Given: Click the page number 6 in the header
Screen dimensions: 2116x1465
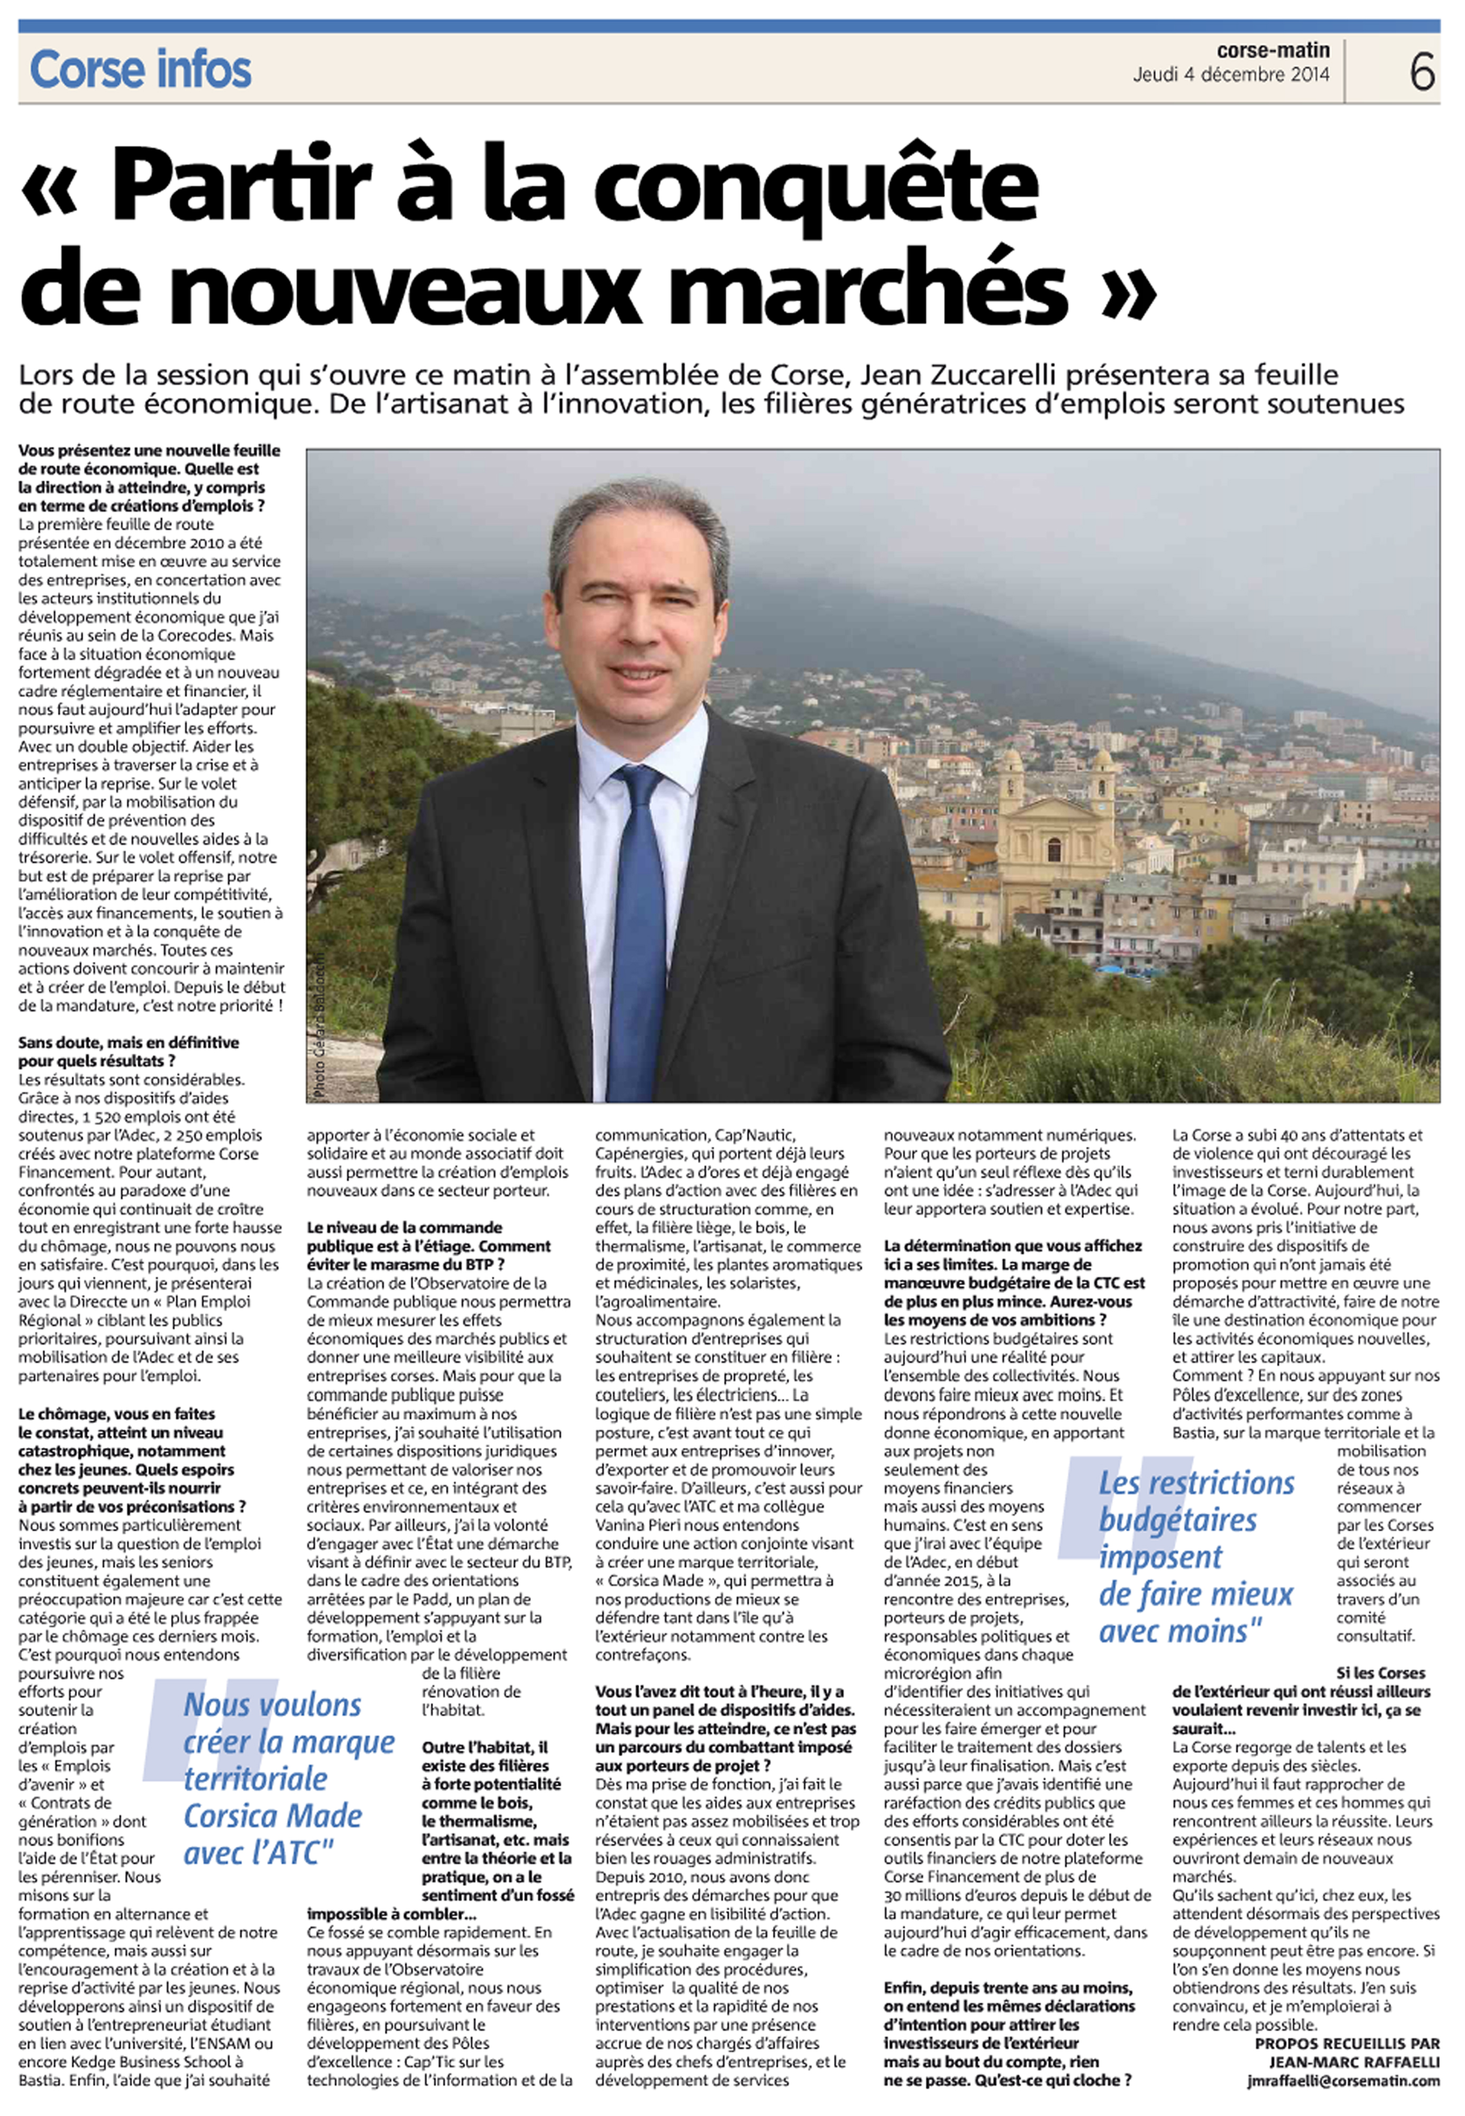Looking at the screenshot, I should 1422,71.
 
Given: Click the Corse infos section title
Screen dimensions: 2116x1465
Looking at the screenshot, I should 141,70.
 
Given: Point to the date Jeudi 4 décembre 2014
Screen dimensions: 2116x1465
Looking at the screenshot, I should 1230,75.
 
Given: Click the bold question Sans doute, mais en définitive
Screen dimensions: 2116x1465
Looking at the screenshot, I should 129,1051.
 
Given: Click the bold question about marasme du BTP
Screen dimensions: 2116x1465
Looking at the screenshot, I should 429,1246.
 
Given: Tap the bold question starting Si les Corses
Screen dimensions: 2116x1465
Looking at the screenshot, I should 1301,1700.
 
